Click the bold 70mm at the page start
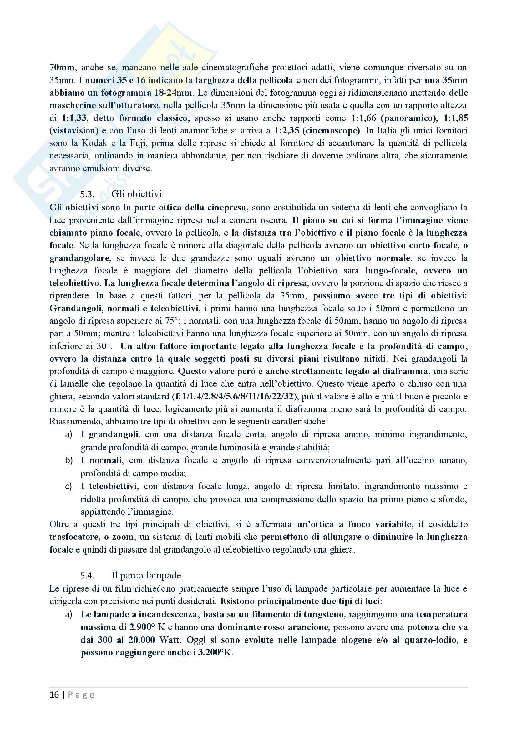pyautogui.click(x=62, y=68)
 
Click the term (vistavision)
pyautogui.click(x=74, y=131)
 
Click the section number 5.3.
pyautogui.click(x=87, y=194)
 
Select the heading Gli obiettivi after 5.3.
pyautogui.click(x=136, y=194)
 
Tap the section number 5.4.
pyautogui.click(x=87, y=576)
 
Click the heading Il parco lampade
pyautogui.click(x=146, y=575)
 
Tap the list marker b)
pyautogui.click(x=68, y=460)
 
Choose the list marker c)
pyautogui.click(x=68, y=486)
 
